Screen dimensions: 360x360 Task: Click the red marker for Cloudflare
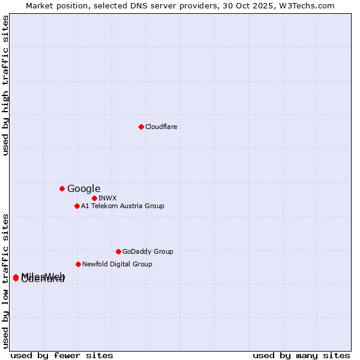[x=141, y=127]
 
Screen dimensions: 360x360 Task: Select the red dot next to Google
[x=62, y=188]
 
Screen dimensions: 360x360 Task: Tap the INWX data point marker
[x=94, y=198]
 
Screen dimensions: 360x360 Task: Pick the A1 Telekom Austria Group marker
[x=77, y=206]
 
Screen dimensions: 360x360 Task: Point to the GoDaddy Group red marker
[x=118, y=251]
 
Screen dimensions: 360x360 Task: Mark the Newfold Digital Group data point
[x=78, y=264]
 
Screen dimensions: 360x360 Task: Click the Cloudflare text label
[x=161, y=127]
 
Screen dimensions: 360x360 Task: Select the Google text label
[x=84, y=188]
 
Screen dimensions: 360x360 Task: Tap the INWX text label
[x=107, y=198]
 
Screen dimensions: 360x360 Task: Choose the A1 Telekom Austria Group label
[x=122, y=206]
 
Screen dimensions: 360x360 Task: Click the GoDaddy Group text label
[x=148, y=251]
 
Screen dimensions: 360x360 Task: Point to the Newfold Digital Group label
[x=117, y=264]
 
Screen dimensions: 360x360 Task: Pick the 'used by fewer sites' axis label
[x=62, y=355]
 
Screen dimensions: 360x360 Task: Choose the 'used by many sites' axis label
[x=301, y=355]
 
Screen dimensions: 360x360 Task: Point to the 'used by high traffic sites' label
[x=5, y=85]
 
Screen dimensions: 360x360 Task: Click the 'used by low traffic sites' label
[x=5, y=280]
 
